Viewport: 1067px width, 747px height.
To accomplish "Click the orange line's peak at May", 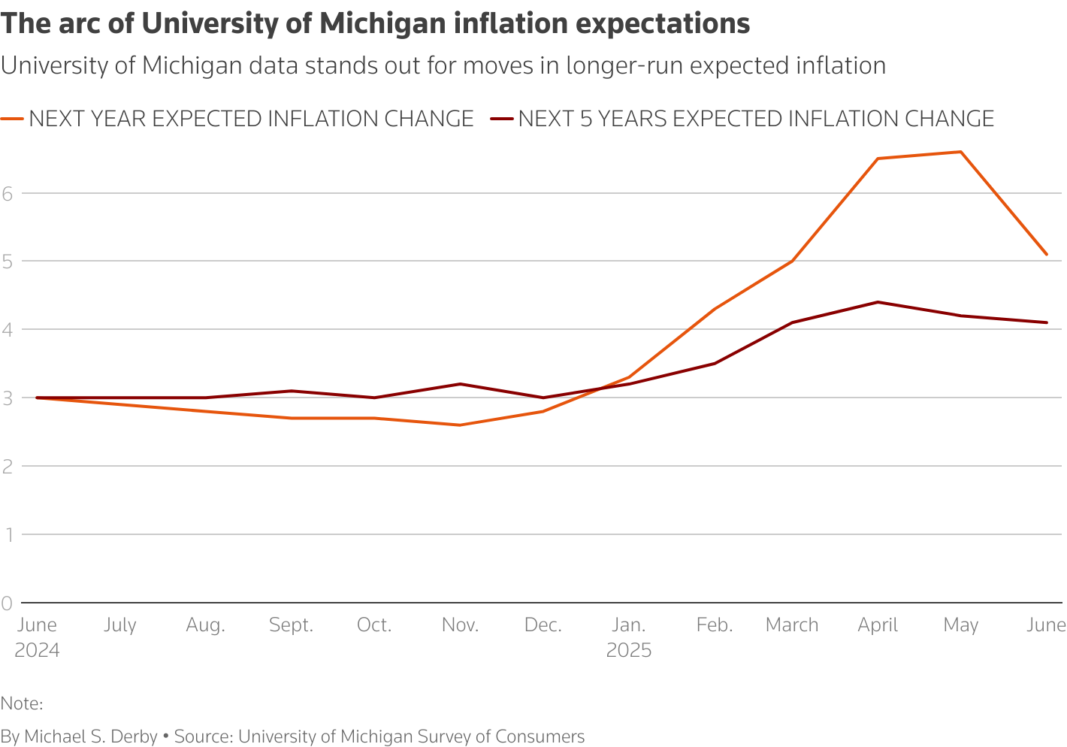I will pyautogui.click(x=960, y=152).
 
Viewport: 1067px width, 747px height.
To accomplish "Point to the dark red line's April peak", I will pyautogui.click(x=878, y=302).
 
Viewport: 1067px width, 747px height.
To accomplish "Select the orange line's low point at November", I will pyautogui.click(x=460, y=425).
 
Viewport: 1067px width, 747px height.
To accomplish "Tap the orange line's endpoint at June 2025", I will pyautogui.click(x=1047, y=255).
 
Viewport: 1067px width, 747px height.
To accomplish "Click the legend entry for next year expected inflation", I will pyautogui.click(x=251, y=119).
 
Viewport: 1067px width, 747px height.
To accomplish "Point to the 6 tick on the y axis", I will pyautogui.click(x=8, y=193).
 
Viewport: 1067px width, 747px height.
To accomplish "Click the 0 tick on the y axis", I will pyautogui.click(x=8, y=603).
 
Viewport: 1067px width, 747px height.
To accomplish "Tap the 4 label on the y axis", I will pyautogui.click(x=8, y=329).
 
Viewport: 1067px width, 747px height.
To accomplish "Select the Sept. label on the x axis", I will pyautogui.click(x=291, y=625).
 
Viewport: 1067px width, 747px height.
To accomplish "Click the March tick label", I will pyautogui.click(x=792, y=625).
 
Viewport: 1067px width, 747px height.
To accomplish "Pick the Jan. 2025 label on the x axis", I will pyautogui.click(x=629, y=637).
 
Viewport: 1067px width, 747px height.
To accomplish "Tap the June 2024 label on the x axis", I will pyautogui.click(x=37, y=637).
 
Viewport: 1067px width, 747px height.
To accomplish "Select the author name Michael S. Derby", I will pyautogui.click(x=91, y=736).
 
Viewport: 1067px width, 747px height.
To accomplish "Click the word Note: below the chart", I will pyautogui.click(x=22, y=703).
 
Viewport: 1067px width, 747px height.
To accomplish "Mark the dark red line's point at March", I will pyautogui.click(x=792, y=322).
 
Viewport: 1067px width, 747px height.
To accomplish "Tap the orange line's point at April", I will pyautogui.click(x=878, y=159).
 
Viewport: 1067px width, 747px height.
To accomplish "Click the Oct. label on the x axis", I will pyautogui.click(x=374, y=625).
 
